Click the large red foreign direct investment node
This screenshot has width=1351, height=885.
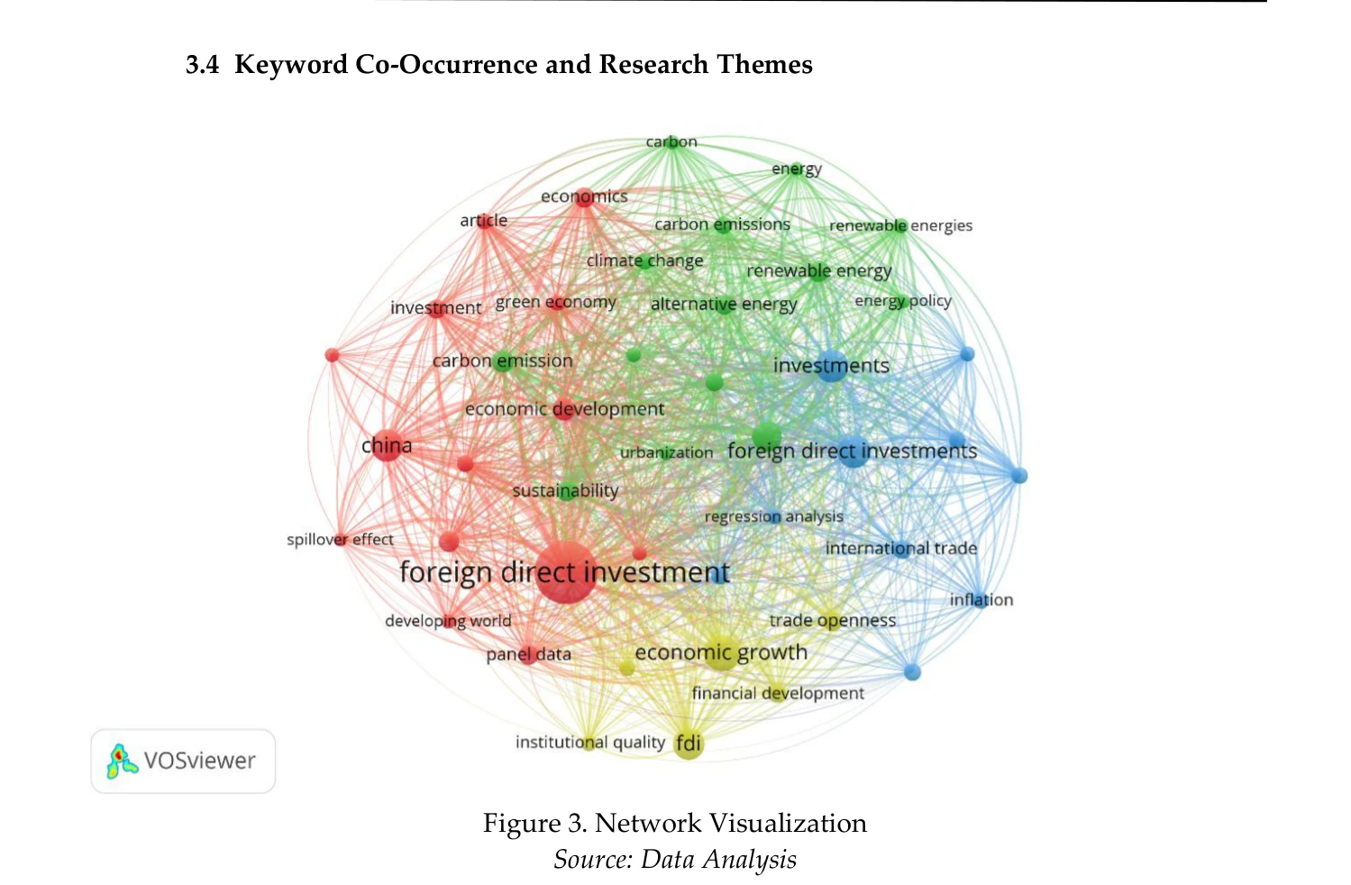point(566,572)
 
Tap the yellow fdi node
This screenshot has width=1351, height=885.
point(689,744)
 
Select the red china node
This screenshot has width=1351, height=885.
point(388,446)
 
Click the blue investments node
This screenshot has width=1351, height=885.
point(831,365)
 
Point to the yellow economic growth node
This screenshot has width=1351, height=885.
point(721,652)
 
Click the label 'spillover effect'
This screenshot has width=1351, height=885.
point(340,539)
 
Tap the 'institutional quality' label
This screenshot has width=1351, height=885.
point(589,742)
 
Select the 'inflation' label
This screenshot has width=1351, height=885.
point(981,599)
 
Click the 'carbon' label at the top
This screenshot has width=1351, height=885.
point(671,141)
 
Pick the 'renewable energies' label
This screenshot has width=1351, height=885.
point(900,225)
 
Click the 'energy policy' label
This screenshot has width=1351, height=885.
point(903,301)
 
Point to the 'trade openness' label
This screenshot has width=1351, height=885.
point(832,621)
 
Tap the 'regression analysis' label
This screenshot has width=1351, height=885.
point(774,517)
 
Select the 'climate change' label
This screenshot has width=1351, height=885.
point(644,260)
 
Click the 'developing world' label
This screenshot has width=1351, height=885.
point(448,621)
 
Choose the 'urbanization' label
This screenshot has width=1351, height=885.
point(666,452)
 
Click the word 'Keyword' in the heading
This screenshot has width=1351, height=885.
point(291,65)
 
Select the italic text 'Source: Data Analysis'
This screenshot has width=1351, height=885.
point(675,860)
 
